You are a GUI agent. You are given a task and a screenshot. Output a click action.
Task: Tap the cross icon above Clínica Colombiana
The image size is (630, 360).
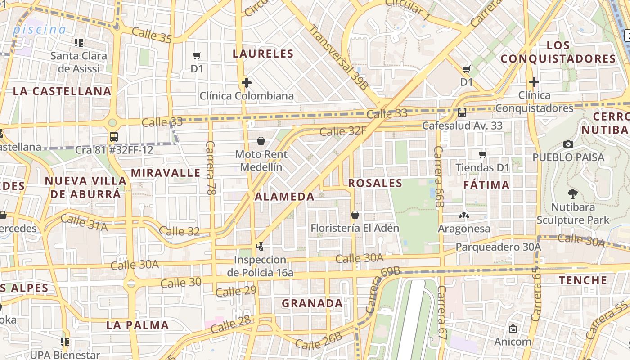(246, 83)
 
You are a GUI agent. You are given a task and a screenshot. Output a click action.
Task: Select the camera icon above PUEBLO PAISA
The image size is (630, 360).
(568, 144)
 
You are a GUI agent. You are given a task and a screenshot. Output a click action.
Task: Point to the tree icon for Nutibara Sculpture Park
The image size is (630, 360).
(573, 194)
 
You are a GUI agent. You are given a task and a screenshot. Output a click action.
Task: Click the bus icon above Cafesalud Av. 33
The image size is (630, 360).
(462, 112)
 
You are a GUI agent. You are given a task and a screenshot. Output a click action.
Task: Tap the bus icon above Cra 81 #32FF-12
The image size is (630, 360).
(114, 137)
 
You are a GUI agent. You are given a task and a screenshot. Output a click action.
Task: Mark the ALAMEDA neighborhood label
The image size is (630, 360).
(284, 197)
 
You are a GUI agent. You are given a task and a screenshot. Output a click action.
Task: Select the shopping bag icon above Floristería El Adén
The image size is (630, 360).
(355, 215)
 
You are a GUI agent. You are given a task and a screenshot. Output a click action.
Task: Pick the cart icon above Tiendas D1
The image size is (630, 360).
(483, 155)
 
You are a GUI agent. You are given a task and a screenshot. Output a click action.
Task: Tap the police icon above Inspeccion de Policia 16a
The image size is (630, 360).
(260, 246)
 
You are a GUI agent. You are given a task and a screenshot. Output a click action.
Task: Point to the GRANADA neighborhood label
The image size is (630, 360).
(312, 303)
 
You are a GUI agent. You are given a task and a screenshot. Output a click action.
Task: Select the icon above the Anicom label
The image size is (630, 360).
(513, 328)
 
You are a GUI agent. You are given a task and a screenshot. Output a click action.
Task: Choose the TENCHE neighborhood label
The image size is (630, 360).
(583, 280)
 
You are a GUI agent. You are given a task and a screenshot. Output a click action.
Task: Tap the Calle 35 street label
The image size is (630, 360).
(152, 36)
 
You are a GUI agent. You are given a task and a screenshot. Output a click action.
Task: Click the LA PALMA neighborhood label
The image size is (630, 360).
(138, 325)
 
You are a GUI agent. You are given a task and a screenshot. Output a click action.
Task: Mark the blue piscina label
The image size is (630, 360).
(40, 30)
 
